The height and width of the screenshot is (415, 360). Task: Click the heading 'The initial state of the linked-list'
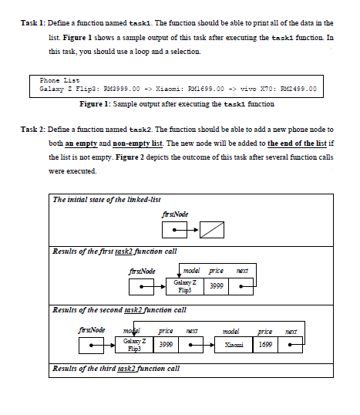(106, 200)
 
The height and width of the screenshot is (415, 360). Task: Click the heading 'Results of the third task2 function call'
(116, 369)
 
